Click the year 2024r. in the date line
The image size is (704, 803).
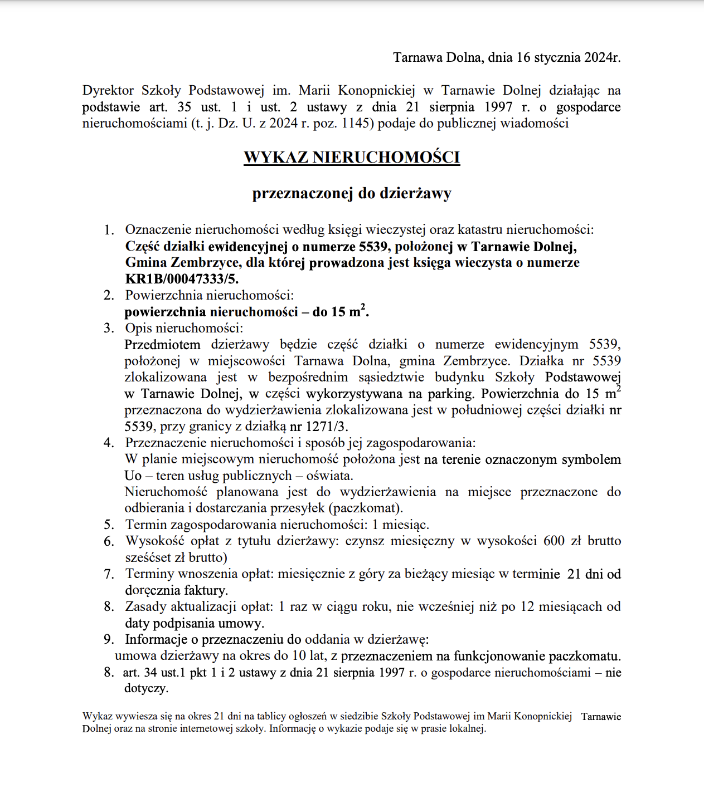click(x=602, y=57)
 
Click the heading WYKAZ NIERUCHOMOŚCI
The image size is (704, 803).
click(x=352, y=157)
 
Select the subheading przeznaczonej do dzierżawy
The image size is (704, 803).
click(x=352, y=194)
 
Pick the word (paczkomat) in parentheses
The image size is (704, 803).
click(x=365, y=508)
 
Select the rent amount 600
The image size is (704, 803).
click(x=554, y=541)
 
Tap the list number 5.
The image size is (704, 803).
click(x=109, y=525)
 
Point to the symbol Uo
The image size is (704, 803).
click(x=133, y=476)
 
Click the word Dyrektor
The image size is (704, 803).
click(x=108, y=90)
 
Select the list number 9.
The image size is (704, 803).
click(x=109, y=639)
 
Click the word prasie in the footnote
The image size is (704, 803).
click(x=422, y=728)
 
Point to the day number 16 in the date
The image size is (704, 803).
click(x=523, y=57)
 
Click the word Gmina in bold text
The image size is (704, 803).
click(x=146, y=263)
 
